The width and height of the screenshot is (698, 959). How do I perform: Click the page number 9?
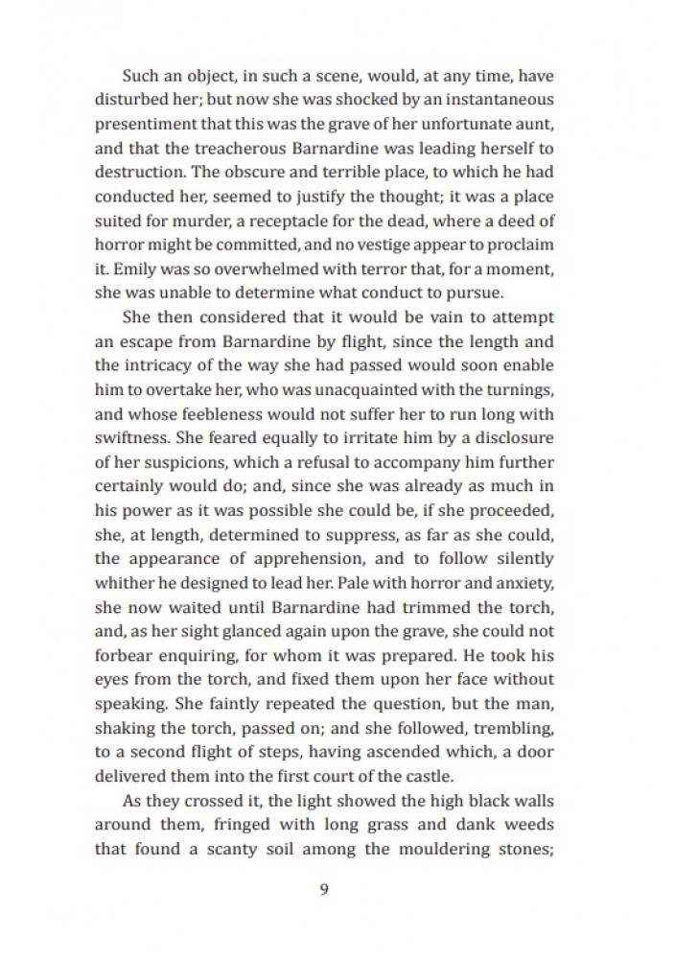point(323,888)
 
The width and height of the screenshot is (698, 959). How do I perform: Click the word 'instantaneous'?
point(493,99)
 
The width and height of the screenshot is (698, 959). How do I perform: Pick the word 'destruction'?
point(137,174)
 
